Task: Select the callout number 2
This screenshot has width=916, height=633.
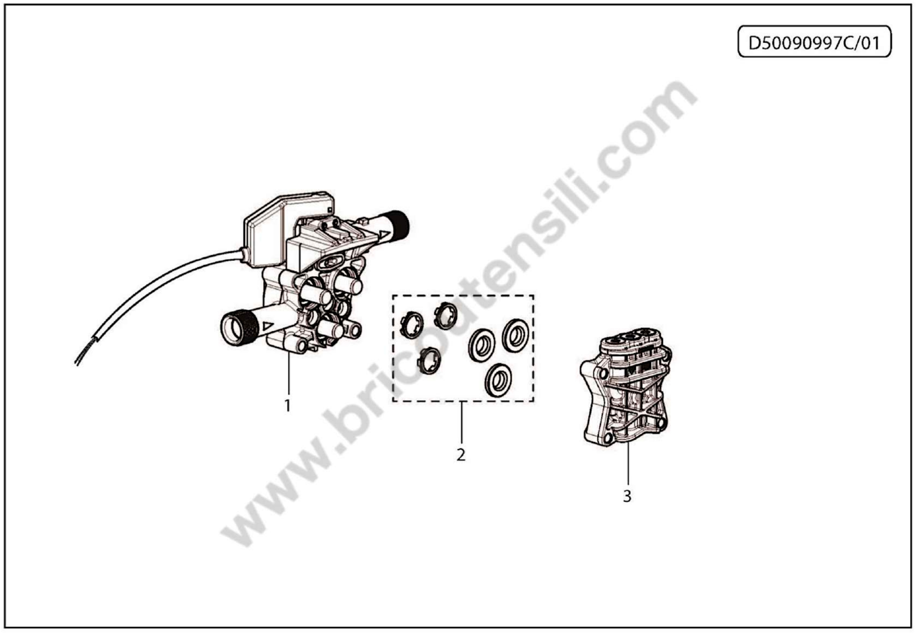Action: coord(461,455)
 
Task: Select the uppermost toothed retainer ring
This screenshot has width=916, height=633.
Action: coord(446,315)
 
